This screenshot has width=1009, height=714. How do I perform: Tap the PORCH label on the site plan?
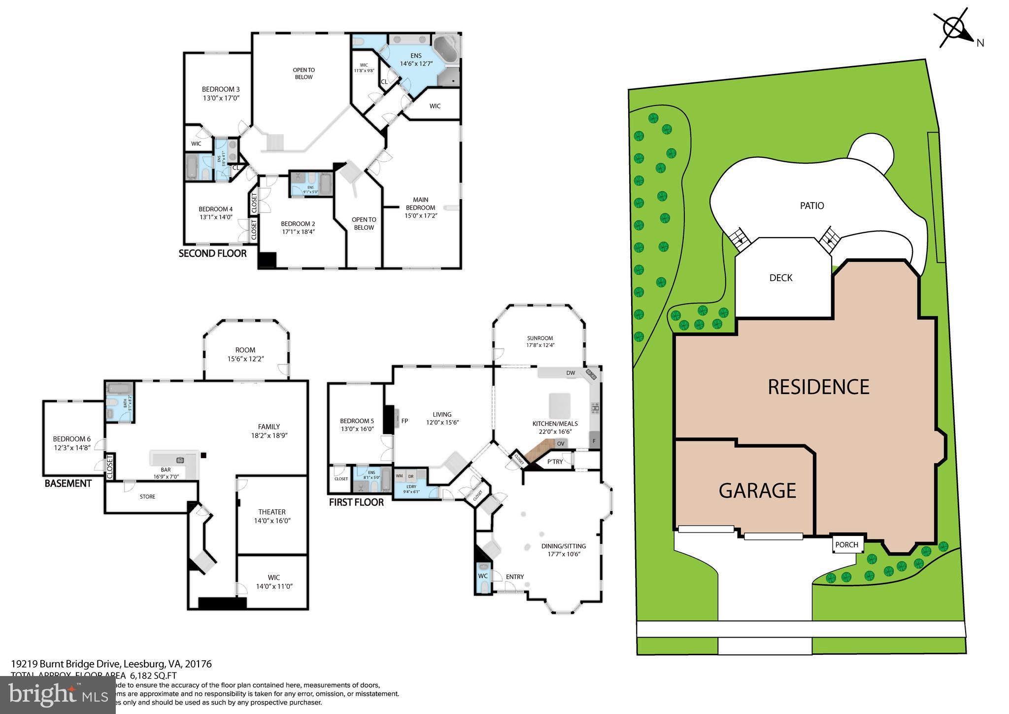pyautogui.click(x=847, y=545)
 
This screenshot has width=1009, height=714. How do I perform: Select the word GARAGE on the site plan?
pyautogui.click(x=757, y=491)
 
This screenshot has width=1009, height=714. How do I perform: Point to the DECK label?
pyautogui.click(x=781, y=278)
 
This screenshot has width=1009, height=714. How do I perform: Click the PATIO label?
pyautogui.click(x=812, y=206)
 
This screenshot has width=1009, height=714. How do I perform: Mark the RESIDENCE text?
pyautogui.click(x=818, y=387)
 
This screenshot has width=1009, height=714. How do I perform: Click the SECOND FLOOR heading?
pyautogui.click(x=212, y=254)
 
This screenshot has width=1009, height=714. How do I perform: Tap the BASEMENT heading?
pyautogui.click(x=68, y=484)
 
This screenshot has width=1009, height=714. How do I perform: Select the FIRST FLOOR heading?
pyautogui.click(x=356, y=502)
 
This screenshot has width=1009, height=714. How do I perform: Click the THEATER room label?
pyautogui.click(x=272, y=512)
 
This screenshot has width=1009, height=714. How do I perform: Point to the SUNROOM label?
pyautogui.click(x=540, y=338)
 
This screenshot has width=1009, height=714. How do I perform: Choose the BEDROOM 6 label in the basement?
pyautogui.click(x=72, y=439)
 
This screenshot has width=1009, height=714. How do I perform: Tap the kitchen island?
pyautogui.click(x=560, y=406)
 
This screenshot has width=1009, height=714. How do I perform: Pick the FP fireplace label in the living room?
pyautogui.click(x=404, y=421)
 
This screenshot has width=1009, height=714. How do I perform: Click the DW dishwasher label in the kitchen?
pyautogui.click(x=571, y=373)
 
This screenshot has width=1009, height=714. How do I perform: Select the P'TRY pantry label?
pyautogui.click(x=555, y=462)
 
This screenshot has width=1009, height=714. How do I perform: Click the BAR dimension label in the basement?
pyautogui.click(x=166, y=473)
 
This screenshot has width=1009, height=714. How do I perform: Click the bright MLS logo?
pyautogui.click(x=58, y=695)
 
